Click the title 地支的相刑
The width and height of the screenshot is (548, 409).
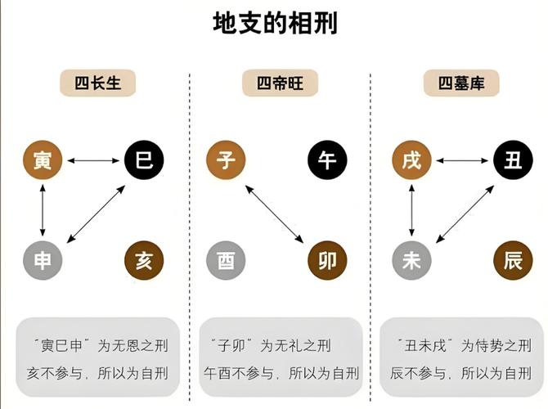[x=274, y=22]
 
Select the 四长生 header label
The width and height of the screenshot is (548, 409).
[x=97, y=83]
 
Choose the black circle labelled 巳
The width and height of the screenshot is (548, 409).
[x=144, y=160]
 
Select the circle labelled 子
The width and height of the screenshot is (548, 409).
[x=227, y=160]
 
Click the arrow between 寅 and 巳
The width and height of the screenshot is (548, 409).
[x=93, y=160]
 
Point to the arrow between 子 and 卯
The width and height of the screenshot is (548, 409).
[x=276, y=210]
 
